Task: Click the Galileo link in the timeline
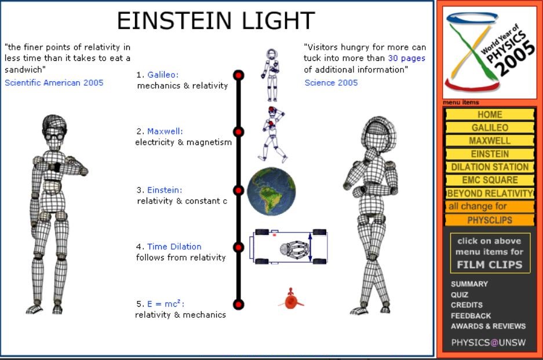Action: tap(163, 75)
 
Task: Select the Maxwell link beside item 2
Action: tap(165, 132)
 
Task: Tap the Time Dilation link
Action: tap(174, 246)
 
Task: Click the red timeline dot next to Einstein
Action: tap(238, 190)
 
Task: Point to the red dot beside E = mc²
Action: tap(238, 304)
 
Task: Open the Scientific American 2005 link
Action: tap(54, 82)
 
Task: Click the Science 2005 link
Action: tap(331, 82)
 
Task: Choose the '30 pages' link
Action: tap(407, 58)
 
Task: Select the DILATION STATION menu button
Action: tap(490, 167)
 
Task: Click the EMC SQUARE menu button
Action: tap(490, 180)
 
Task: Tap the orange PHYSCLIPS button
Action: tap(490, 220)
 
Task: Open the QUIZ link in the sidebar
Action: tap(459, 294)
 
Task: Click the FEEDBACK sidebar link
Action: tap(471, 315)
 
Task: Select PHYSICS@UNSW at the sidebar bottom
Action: tap(489, 343)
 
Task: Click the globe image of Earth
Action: tap(271, 191)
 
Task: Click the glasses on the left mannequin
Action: tap(54, 136)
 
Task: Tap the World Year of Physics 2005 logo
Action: tap(490, 52)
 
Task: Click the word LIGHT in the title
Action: tap(278, 20)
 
